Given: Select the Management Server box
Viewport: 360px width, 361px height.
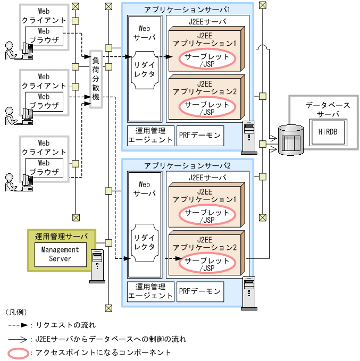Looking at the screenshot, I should (x=60, y=254).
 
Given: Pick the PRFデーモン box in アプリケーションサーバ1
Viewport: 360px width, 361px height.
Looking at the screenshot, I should (x=199, y=136).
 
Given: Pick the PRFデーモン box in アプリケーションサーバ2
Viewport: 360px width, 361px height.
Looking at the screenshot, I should (x=199, y=291).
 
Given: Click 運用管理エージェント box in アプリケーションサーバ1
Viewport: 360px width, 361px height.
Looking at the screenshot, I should (x=150, y=136).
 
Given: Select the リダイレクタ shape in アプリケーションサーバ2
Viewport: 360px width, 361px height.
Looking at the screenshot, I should (x=145, y=242).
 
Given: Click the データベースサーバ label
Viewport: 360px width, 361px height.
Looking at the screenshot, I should (x=328, y=109).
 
